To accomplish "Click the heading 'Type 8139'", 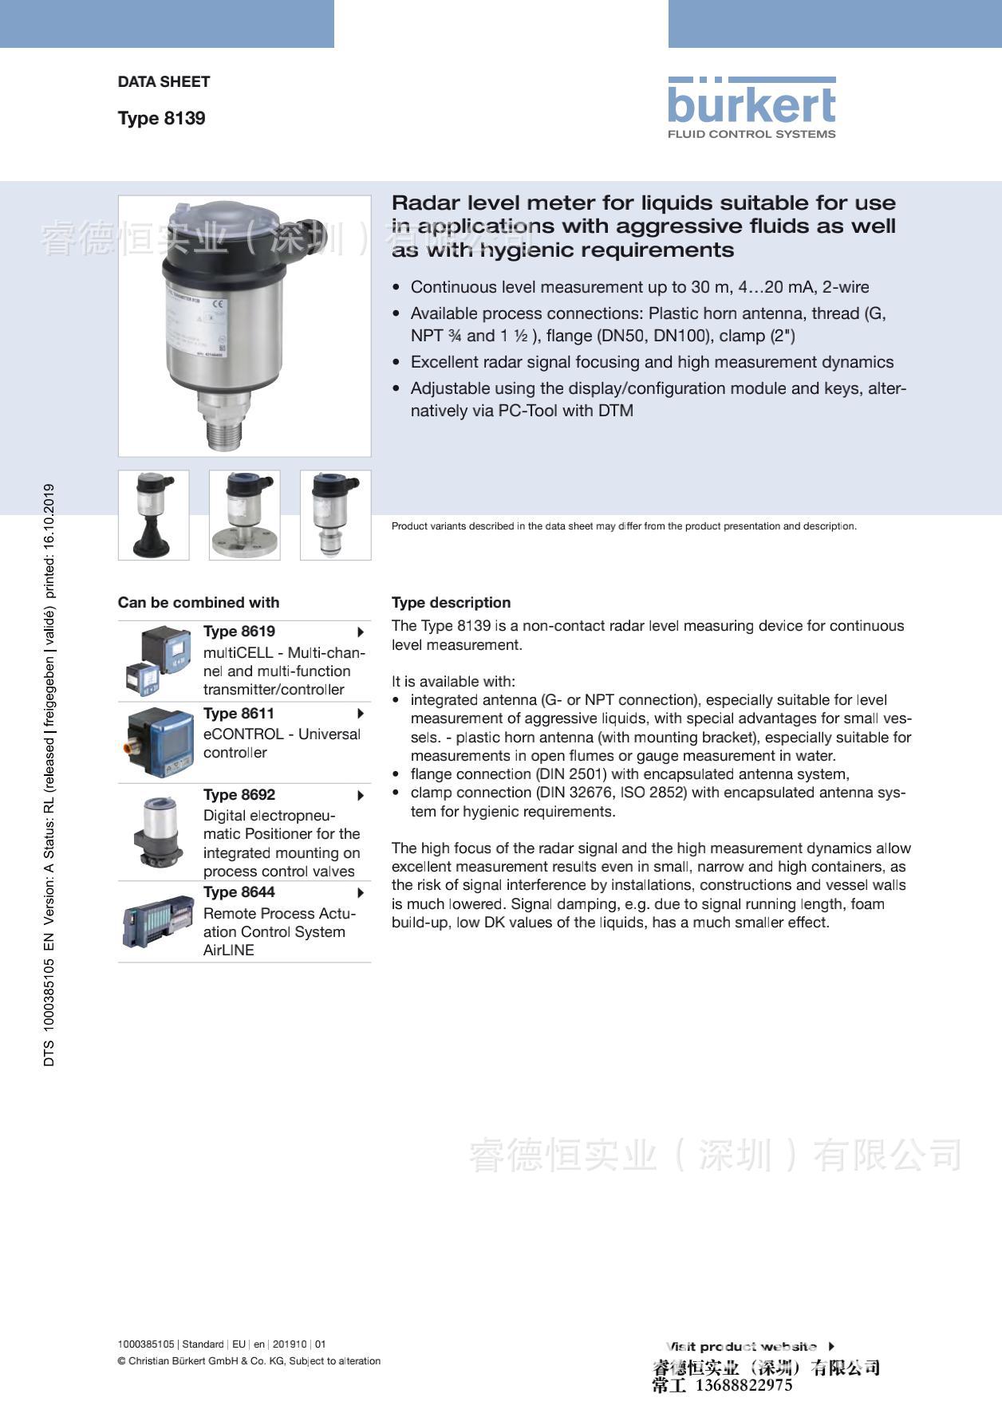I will (161, 118).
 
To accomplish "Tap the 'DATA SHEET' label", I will (164, 81).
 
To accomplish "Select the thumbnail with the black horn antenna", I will (153, 514).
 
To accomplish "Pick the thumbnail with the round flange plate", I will (244, 514).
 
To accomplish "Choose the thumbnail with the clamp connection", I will (335, 514).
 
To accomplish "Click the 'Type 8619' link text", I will (239, 631).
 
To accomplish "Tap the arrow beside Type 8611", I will (361, 714).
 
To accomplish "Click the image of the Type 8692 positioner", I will (159, 832).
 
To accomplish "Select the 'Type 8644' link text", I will (239, 892).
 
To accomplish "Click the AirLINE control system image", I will (159, 921).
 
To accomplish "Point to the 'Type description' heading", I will (451, 602).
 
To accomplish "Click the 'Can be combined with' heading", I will (199, 602).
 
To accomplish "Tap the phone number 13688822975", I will (744, 1385).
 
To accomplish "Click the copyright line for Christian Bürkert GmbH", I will (249, 1361).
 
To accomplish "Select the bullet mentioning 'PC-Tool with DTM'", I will (657, 399).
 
